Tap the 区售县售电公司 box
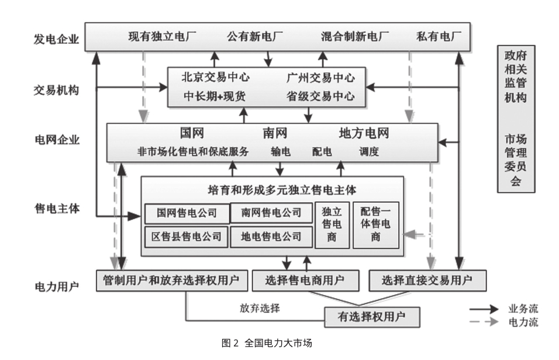[186, 237]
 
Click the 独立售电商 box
[332, 225]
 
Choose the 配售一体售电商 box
[375, 225]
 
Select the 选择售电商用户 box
[305, 281]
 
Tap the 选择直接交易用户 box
[426, 281]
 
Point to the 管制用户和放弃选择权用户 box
[171, 281]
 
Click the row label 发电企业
[56, 40]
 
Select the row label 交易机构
[56, 90]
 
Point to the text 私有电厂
[439, 37]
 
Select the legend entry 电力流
[523, 321]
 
